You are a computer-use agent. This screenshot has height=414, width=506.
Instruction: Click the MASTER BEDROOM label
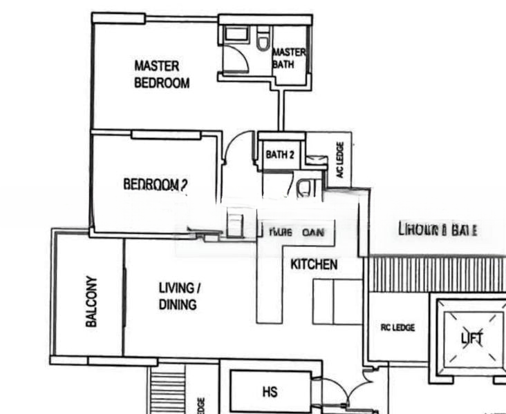click(x=161, y=75)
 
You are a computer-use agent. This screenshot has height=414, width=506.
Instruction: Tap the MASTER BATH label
click(x=289, y=58)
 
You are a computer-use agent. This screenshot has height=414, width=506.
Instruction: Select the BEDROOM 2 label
click(x=156, y=184)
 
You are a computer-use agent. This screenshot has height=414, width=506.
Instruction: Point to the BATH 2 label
click(x=280, y=155)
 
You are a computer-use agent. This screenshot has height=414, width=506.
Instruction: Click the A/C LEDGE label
click(x=340, y=160)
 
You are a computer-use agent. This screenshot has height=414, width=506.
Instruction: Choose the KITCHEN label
click(x=314, y=264)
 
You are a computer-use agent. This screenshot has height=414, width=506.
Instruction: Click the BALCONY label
click(x=91, y=302)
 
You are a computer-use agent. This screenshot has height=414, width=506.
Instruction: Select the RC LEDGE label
click(x=397, y=327)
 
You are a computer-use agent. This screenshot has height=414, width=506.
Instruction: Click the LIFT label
click(x=474, y=338)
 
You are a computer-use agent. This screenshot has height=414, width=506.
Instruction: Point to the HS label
click(x=270, y=392)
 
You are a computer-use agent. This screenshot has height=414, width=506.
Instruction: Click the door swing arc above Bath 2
click(x=240, y=147)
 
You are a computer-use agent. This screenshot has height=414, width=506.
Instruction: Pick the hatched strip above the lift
click(x=436, y=275)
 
